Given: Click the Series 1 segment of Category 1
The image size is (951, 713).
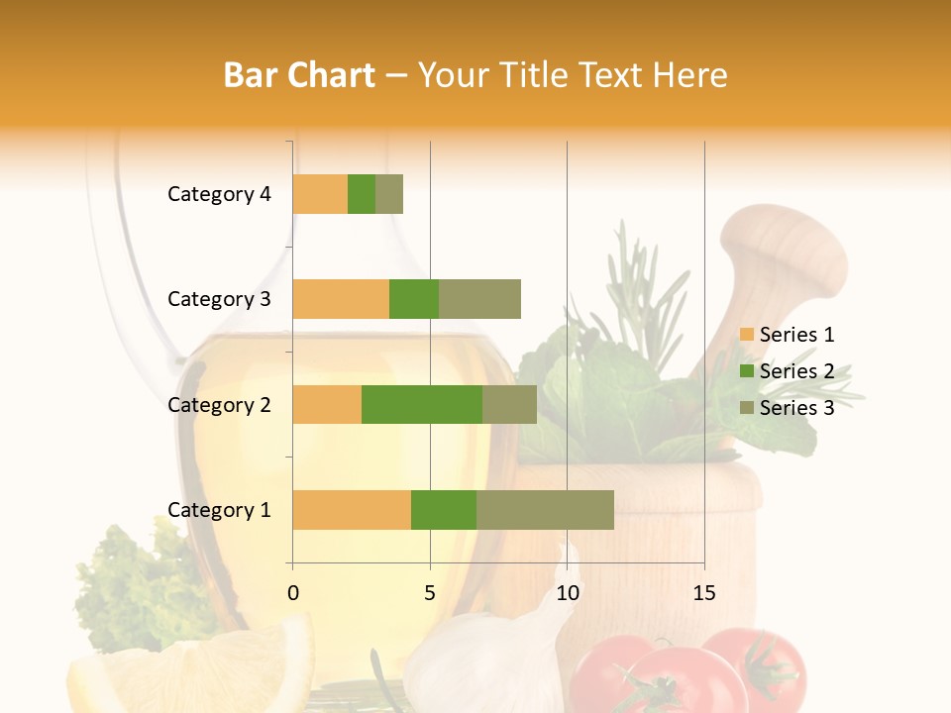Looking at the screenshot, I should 352,509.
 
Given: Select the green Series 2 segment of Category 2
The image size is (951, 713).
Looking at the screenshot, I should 422,404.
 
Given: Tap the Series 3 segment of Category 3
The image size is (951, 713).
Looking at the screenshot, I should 479,299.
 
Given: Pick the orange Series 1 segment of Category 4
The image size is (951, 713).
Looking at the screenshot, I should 320,194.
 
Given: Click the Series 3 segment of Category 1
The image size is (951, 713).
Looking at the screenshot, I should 545,509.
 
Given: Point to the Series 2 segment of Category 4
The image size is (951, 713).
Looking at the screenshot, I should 362,194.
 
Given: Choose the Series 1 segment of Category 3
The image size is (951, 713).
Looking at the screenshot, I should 341,299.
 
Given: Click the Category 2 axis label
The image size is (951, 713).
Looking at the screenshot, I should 219,404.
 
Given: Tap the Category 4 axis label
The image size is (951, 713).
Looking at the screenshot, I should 219,194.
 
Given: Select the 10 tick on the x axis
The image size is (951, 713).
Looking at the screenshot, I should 567,593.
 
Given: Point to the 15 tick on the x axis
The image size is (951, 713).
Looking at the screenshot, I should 703,593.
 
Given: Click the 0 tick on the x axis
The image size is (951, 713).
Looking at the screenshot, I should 292,593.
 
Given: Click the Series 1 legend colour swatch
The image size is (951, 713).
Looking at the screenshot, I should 747,335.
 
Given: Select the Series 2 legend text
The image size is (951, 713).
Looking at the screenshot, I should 796,371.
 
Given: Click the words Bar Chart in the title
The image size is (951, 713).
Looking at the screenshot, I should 298,75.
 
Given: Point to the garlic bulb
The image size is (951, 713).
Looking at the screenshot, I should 485,663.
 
